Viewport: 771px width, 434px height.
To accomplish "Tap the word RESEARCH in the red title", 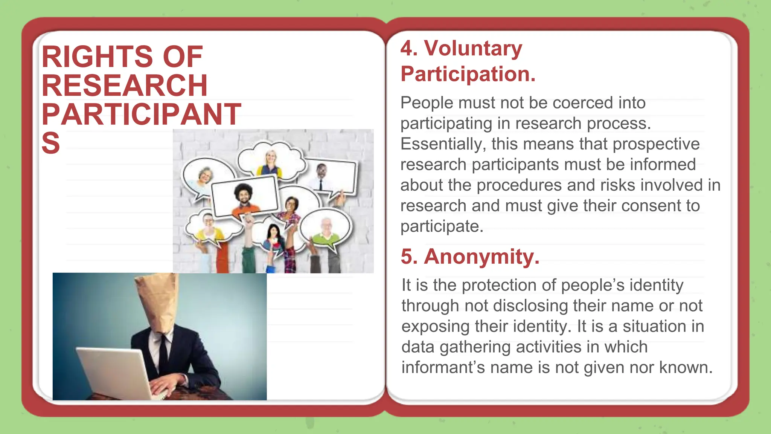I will pyautogui.click(x=125, y=86).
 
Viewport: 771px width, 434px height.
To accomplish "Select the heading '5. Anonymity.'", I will pyautogui.click(x=470, y=257).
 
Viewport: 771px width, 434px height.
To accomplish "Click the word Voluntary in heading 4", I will pyautogui.click(x=473, y=49).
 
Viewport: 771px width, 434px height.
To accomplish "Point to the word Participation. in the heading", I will pyautogui.click(x=468, y=74).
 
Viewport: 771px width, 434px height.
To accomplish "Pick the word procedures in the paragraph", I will pyautogui.click(x=519, y=185).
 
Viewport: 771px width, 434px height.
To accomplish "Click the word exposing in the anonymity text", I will pyautogui.click(x=435, y=326).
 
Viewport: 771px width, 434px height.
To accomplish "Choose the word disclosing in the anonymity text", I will pyautogui.click(x=530, y=306).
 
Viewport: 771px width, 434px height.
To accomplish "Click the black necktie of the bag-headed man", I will pyautogui.click(x=163, y=354).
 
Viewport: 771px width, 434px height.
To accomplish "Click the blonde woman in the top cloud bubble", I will pyautogui.click(x=271, y=162).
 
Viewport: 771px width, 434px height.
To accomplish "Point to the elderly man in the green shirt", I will pyautogui.click(x=326, y=232).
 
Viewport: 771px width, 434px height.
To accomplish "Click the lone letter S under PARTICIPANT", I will pyautogui.click(x=51, y=143).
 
